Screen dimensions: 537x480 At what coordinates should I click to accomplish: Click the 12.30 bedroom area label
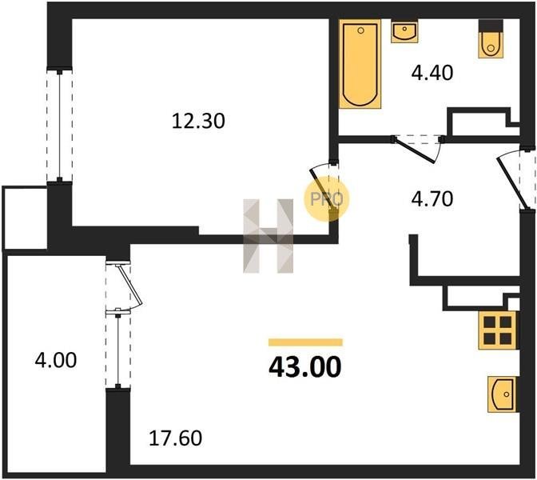click(198, 121)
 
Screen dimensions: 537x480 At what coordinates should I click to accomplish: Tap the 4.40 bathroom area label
click(432, 73)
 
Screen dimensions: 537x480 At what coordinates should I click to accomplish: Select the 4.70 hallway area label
click(432, 199)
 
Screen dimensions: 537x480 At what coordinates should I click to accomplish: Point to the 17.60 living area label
click(175, 438)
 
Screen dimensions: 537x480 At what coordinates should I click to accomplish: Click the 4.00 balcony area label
click(56, 360)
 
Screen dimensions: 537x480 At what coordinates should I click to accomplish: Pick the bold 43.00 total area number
click(304, 367)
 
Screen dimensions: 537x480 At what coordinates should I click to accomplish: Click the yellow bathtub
click(360, 64)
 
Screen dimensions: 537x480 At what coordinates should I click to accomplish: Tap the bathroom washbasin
click(404, 31)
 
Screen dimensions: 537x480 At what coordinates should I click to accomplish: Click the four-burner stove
click(498, 330)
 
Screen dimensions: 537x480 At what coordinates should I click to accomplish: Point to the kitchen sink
click(502, 394)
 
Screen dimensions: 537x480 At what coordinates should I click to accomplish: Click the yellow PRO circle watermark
click(326, 199)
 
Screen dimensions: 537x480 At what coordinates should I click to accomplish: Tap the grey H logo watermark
click(268, 236)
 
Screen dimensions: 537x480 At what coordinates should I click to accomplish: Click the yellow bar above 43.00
click(305, 342)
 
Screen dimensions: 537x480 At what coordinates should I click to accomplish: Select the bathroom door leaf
click(415, 150)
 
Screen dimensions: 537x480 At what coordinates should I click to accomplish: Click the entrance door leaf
click(511, 182)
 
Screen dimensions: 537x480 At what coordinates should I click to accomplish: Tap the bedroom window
click(60, 126)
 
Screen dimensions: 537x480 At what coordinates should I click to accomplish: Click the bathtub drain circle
click(360, 30)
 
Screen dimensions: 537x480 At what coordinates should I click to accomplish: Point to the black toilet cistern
click(491, 26)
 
